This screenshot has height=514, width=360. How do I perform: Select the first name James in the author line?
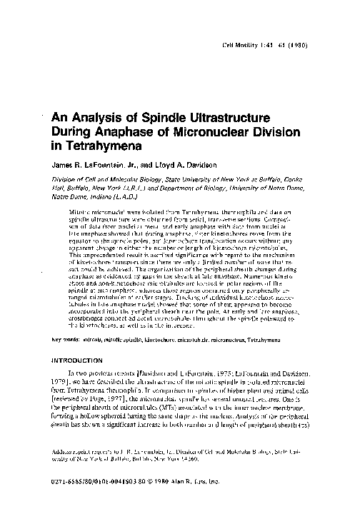pyautogui.click(x=64, y=166)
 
